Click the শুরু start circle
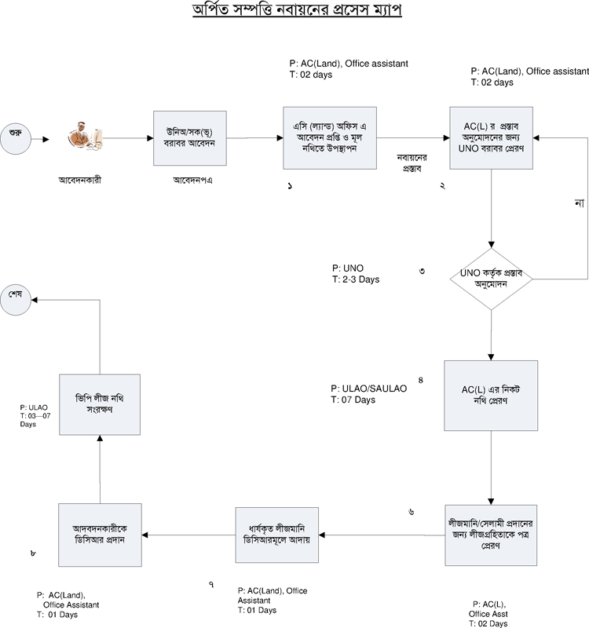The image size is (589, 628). coord(15,139)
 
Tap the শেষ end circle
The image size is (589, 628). coord(15,300)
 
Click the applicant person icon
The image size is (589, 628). coord(85,135)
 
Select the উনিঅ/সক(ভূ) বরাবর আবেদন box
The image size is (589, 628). coord(190,138)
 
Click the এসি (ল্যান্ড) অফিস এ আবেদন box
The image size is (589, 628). coord(330,138)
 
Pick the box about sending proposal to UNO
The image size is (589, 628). coord(492,138)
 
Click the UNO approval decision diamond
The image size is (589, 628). coord(492,279)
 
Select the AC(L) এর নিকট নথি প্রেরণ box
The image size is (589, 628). coord(491,396)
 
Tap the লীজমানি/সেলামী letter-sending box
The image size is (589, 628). coord(491,535)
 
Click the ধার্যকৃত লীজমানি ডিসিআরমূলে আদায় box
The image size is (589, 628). coord(277,535)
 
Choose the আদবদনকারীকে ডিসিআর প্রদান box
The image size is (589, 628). coord(100,535)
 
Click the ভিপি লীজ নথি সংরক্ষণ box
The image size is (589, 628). coord(100,404)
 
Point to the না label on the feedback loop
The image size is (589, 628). coord(580,203)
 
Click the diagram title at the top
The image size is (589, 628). coord(297,9)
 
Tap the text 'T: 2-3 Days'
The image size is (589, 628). coord(356,279)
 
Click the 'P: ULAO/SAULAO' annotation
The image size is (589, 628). coord(368,389)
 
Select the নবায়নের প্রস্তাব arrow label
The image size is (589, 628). coord(412,163)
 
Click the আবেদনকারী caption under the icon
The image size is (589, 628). coord(80,181)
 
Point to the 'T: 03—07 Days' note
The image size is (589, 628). coord(35,420)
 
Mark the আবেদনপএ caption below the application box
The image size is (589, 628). coord(192,181)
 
